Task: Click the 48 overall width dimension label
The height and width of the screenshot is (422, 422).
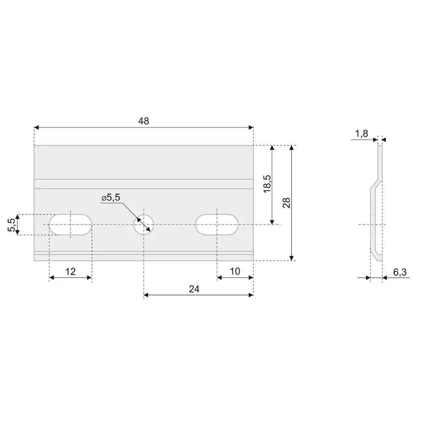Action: pos(143,121)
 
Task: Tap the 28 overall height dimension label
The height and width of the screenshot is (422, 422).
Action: pos(287,203)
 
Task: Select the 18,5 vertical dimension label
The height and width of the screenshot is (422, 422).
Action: pos(267,184)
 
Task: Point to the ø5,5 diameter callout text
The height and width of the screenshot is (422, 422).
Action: pos(111,197)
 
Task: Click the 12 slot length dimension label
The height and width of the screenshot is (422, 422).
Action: pos(70,271)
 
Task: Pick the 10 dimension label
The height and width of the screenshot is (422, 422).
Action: pos(235,271)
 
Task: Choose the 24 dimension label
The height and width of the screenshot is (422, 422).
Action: pos(194,289)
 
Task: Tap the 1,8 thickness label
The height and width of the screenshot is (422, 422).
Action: pos(362,133)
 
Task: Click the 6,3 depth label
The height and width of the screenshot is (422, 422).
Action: pos(400,272)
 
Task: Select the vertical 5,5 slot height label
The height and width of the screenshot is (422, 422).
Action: pos(11,225)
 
